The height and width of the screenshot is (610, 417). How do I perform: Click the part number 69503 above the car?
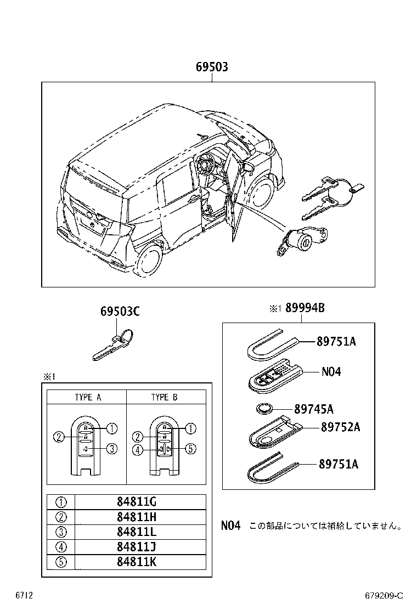(212, 67)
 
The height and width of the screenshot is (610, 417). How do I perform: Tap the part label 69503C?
(120, 312)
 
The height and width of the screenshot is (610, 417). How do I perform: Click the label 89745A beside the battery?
(314, 409)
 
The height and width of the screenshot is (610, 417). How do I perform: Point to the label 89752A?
(340, 427)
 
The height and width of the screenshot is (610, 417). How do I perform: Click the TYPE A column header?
(88, 397)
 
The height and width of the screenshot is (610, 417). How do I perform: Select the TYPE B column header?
(165, 397)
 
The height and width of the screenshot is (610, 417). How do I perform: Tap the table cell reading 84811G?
(137, 502)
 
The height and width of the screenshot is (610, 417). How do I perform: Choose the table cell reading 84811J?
(137, 547)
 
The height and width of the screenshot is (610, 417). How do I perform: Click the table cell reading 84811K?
(137, 562)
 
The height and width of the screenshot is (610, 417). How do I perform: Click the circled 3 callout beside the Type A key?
(111, 449)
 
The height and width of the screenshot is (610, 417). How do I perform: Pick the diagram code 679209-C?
(384, 596)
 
